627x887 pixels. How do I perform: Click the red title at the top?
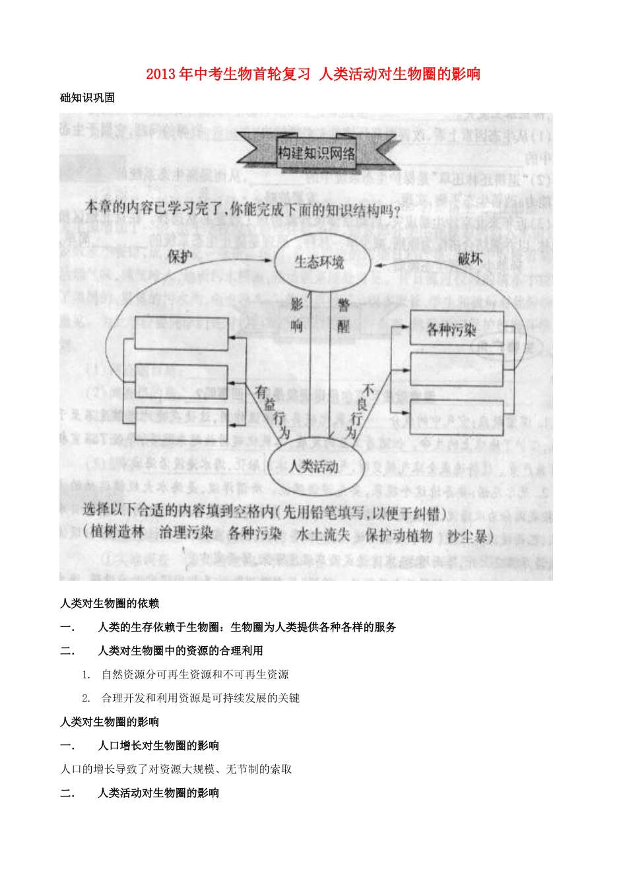(x=313, y=74)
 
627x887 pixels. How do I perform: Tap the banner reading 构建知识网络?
(x=316, y=154)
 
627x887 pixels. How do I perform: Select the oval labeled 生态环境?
(x=319, y=263)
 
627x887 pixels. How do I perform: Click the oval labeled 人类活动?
(x=313, y=467)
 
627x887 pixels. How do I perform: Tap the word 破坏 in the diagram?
(x=470, y=259)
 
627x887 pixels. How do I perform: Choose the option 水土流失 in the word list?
(x=323, y=535)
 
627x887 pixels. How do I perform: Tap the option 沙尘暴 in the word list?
(x=467, y=536)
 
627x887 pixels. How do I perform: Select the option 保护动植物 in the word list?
(x=399, y=535)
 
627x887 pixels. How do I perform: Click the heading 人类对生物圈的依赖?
(x=110, y=603)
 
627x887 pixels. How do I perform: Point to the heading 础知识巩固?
(x=87, y=98)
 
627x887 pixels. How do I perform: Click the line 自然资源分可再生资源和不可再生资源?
(x=195, y=674)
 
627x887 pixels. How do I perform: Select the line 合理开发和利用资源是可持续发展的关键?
(x=201, y=698)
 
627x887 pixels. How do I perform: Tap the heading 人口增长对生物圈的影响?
(x=158, y=746)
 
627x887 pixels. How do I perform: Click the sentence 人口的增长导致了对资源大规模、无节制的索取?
(x=176, y=770)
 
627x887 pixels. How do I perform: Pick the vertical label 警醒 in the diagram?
(x=343, y=315)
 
